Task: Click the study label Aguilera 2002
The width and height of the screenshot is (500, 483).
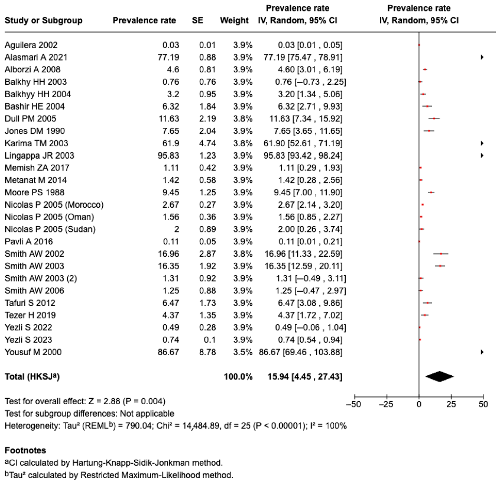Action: click(x=31, y=45)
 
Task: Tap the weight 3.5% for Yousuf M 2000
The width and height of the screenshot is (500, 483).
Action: click(x=243, y=352)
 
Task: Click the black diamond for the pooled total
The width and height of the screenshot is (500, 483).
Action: click(x=439, y=376)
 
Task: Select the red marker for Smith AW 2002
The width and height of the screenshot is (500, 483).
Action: click(x=441, y=254)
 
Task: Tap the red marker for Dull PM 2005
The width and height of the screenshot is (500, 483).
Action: click(x=434, y=119)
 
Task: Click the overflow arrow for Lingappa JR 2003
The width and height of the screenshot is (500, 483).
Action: click(x=482, y=155)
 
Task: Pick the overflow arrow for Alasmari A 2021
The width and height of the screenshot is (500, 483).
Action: click(x=482, y=57)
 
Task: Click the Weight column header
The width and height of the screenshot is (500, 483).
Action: click(x=234, y=20)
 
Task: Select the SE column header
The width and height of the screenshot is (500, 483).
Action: click(x=198, y=20)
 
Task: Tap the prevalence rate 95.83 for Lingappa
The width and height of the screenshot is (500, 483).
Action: click(x=168, y=156)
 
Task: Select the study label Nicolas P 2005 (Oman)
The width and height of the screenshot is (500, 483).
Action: click(x=49, y=217)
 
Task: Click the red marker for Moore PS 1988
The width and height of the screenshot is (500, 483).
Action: click(x=431, y=192)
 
